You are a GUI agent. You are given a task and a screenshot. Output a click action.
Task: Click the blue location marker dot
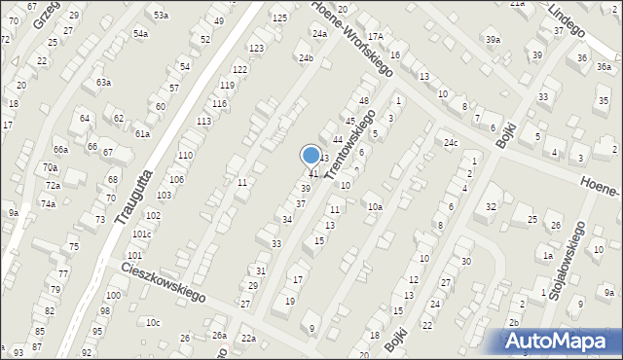pyautogui.click(x=311, y=155)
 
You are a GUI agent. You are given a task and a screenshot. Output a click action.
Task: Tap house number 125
pyautogui.click(x=279, y=18)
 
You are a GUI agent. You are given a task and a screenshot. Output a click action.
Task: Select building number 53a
pyautogui.click(x=160, y=15)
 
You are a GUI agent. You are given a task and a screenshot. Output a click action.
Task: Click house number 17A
pyautogui.click(x=376, y=36)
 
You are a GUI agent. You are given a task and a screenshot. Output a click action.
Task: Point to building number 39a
pyautogui.click(x=494, y=39)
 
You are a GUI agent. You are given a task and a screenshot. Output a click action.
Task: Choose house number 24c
pyautogui.click(x=451, y=143)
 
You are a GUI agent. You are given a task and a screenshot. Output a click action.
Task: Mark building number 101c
pyautogui.click(x=142, y=234)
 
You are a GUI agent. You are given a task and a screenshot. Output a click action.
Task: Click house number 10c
pyautogui.click(x=152, y=322)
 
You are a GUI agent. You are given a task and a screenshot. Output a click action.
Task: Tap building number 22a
pyautogui.click(x=248, y=337)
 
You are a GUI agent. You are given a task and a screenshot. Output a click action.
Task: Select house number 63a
pyautogui.click(x=103, y=83)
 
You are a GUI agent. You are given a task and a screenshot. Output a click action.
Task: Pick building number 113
pyautogui.click(x=203, y=121)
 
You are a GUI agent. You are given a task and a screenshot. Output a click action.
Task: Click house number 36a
pyautogui.click(x=580, y=58)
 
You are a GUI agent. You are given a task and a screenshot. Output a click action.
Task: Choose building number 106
pyautogui.click(x=176, y=180)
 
